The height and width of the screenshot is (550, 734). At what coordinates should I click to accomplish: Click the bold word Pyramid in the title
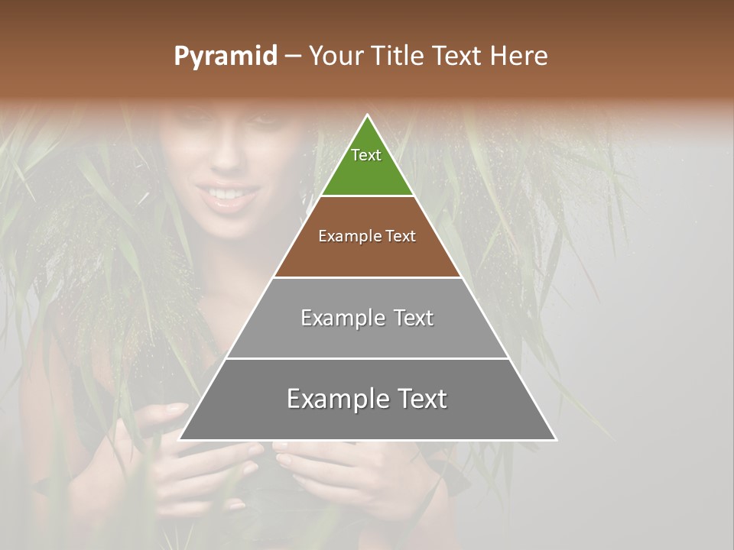tap(225, 57)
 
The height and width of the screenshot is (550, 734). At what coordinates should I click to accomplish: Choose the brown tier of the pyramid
tap(367, 252)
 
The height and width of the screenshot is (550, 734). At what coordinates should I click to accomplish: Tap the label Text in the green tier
tap(366, 155)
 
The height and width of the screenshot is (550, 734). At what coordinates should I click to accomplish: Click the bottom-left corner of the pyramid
tap(180, 439)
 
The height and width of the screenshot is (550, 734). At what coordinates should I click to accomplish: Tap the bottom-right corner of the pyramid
tap(555, 439)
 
